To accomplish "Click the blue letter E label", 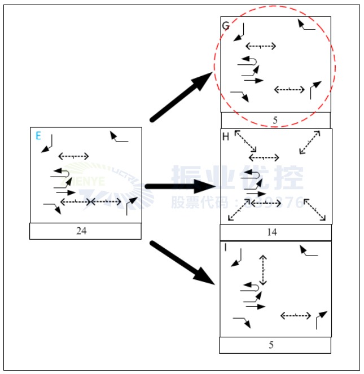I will (x=38, y=135).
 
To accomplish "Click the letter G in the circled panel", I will (x=226, y=26).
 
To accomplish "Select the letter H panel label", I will (x=226, y=137).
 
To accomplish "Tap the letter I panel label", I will (x=225, y=248).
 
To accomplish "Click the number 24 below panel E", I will (x=81, y=231).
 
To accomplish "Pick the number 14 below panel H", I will (x=272, y=232).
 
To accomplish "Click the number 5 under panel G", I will (x=275, y=120).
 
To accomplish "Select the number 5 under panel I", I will (x=271, y=345).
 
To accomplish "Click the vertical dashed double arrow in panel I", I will (x=263, y=270).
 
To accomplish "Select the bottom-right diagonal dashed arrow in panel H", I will (x=315, y=209).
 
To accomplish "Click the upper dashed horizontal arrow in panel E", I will (x=73, y=156).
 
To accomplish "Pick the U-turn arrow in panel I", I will (x=251, y=287).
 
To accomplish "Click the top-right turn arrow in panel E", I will (x=119, y=137).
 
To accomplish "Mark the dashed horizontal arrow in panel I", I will (x=295, y=315).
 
